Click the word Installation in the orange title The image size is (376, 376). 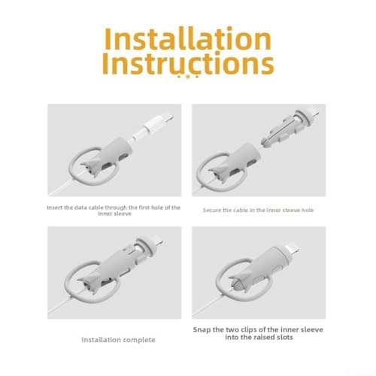point(188,38)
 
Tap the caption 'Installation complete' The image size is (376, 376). point(118,340)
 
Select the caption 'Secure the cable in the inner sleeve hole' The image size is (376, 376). point(258,210)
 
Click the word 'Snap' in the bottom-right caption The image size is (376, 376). point(202,329)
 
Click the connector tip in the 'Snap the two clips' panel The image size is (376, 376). point(293,248)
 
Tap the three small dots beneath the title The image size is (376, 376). point(188,77)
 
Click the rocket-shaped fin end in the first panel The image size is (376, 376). point(91,168)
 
